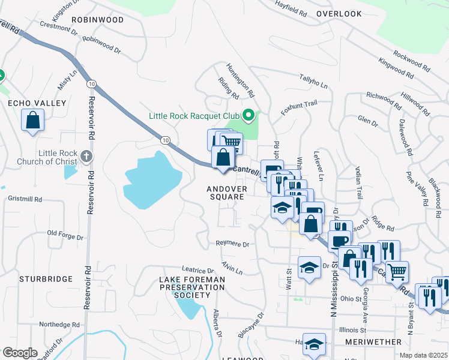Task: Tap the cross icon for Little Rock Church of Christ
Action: pos(86,157)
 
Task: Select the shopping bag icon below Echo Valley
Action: pos(33,119)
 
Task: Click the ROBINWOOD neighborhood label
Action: pos(97,20)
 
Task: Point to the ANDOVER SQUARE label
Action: pos(226,193)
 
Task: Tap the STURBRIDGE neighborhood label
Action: pos(46,279)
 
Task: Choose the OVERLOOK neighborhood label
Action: pos(339,13)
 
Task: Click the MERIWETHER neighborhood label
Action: pos(373,341)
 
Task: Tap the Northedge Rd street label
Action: pos(59,324)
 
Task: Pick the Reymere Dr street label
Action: pos(232,244)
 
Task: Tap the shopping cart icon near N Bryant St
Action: pos(397,272)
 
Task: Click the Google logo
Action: pos(20,353)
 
